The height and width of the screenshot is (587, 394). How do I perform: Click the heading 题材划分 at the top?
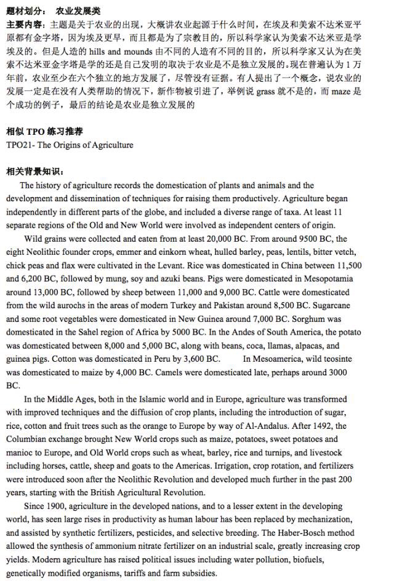pyautogui.click(x=25, y=11)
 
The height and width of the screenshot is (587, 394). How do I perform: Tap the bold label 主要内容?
pyautogui.click(x=25, y=25)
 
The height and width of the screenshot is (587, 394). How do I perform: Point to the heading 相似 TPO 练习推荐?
pyautogui.click(x=45, y=132)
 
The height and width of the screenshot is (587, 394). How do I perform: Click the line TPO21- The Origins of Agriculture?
pyautogui.click(x=70, y=145)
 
